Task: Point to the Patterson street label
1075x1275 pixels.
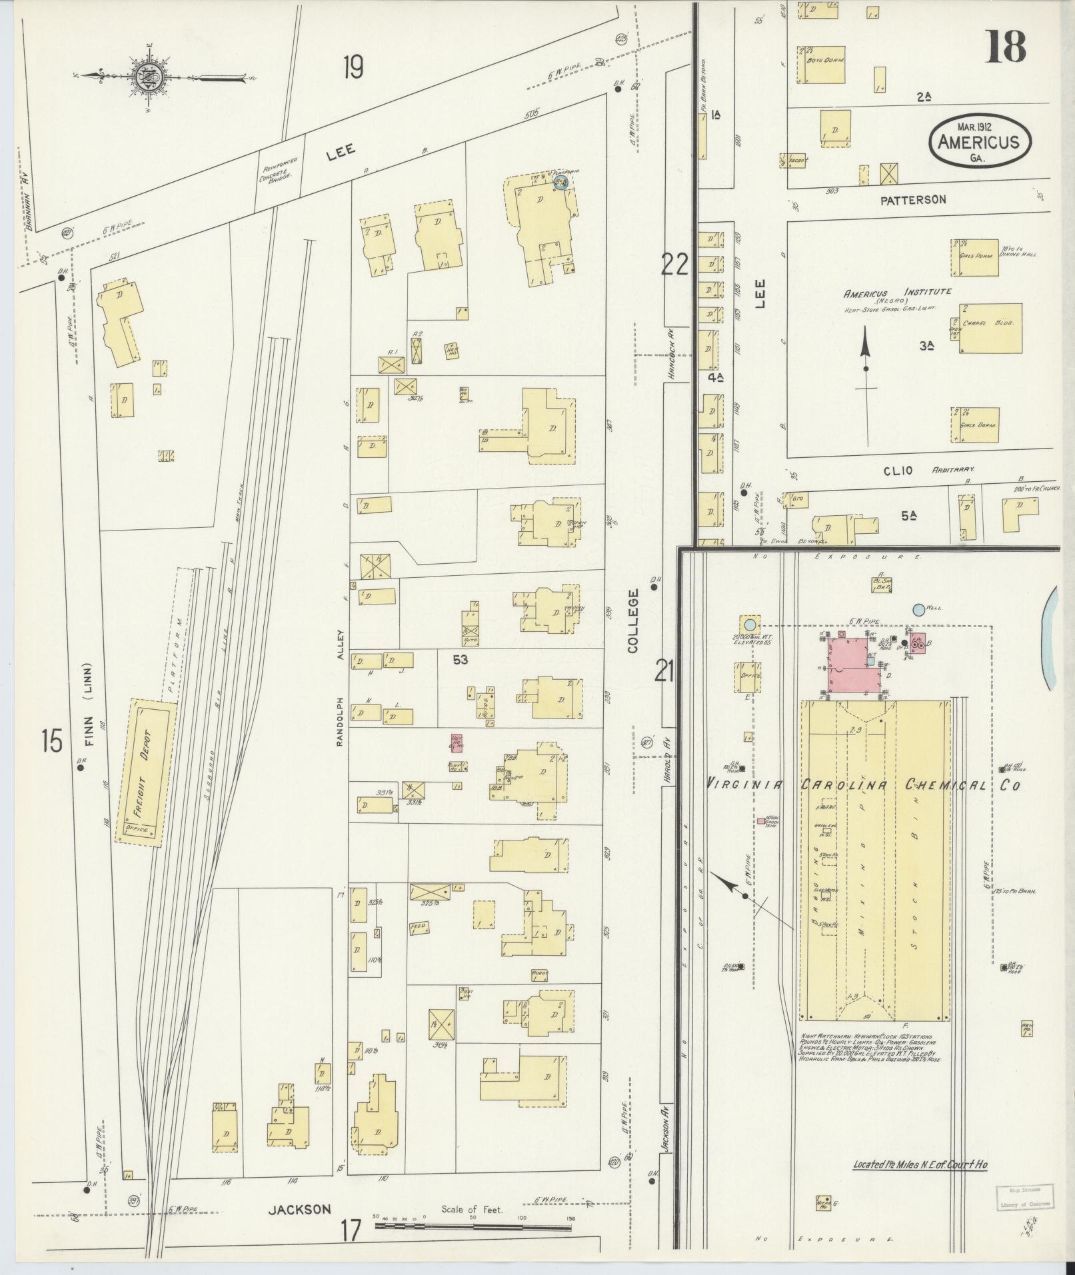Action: [x=912, y=199]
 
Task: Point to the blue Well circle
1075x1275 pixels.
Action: [x=918, y=609]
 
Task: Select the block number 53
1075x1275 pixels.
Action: [x=460, y=660]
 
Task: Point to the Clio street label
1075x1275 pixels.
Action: [x=896, y=471]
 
